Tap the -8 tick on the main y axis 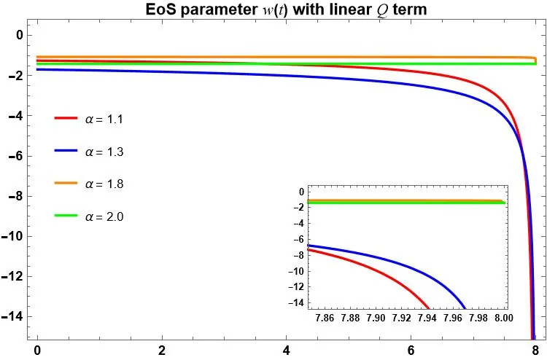pyautogui.click(x=18, y=196)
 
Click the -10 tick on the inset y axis pyautogui.click(x=296, y=271)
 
